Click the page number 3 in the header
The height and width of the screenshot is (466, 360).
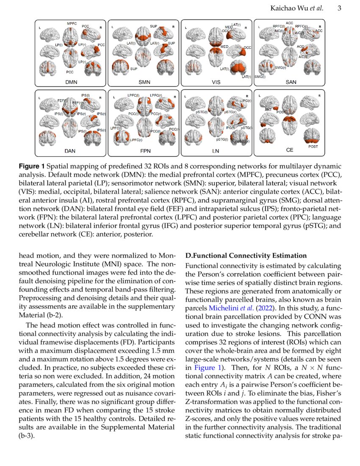[340, 8]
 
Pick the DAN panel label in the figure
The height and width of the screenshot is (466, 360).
[70, 150]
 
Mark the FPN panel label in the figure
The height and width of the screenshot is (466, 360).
[145, 150]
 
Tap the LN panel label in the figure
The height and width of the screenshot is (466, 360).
[216, 150]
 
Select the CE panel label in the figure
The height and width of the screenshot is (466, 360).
[290, 150]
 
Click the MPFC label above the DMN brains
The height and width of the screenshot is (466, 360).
[72, 23]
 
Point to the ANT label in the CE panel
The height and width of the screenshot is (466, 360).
[268, 110]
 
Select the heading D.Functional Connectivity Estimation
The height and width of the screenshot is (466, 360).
[246, 255]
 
